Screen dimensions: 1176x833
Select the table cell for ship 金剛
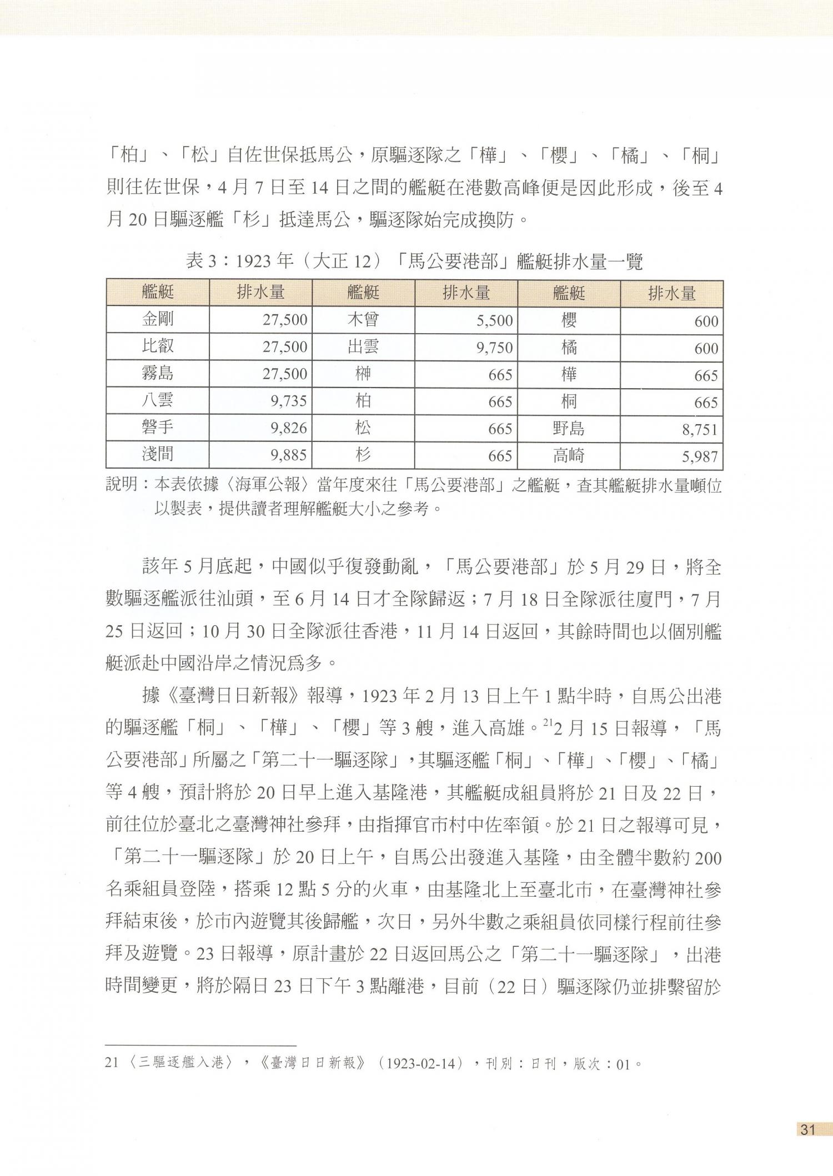158,319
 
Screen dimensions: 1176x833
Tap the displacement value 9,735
289,401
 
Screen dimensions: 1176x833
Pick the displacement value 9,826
289,428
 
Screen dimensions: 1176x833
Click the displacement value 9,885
289,455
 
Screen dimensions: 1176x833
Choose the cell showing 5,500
494,320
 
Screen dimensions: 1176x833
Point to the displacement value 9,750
494,348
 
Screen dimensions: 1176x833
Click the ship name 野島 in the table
569,428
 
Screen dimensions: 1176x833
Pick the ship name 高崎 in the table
569,455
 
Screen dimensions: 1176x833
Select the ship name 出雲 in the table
363,346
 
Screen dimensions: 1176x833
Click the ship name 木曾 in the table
363,319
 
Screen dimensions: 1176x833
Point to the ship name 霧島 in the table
158,373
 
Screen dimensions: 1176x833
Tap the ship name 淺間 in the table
158,455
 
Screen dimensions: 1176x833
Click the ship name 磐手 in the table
158,428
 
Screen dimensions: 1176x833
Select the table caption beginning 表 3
414,261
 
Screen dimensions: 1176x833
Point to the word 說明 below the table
121,485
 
